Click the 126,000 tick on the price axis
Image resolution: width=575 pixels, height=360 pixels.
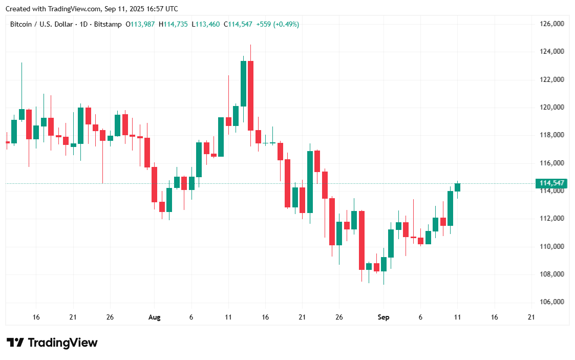tap(552, 24)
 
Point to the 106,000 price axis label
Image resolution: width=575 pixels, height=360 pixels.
tap(552, 302)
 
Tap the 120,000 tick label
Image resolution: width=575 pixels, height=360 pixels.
tap(552, 107)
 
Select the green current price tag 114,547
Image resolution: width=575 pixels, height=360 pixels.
tap(551, 183)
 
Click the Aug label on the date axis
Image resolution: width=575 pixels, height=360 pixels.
tap(154, 317)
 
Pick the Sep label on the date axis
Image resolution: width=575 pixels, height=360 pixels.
tap(384, 317)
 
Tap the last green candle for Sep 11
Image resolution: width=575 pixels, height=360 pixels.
tap(457, 187)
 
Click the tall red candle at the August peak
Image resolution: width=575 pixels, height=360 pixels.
tap(250, 95)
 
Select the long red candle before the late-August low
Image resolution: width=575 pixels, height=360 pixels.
tap(361, 240)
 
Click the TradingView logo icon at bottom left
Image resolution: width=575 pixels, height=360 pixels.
tap(15, 343)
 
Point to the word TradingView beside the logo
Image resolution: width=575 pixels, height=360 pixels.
tap(62, 343)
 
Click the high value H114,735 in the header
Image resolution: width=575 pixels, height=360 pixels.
tap(173, 24)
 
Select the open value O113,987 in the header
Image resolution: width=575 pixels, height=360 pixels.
tap(140, 24)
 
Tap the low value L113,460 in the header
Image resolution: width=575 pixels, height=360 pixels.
tap(205, 24)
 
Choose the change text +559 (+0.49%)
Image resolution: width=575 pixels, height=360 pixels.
tap(278, 24)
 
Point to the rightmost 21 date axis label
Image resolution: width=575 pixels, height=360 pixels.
tap(531, 317)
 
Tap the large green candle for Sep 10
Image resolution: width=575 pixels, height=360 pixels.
tap(450, 208)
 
